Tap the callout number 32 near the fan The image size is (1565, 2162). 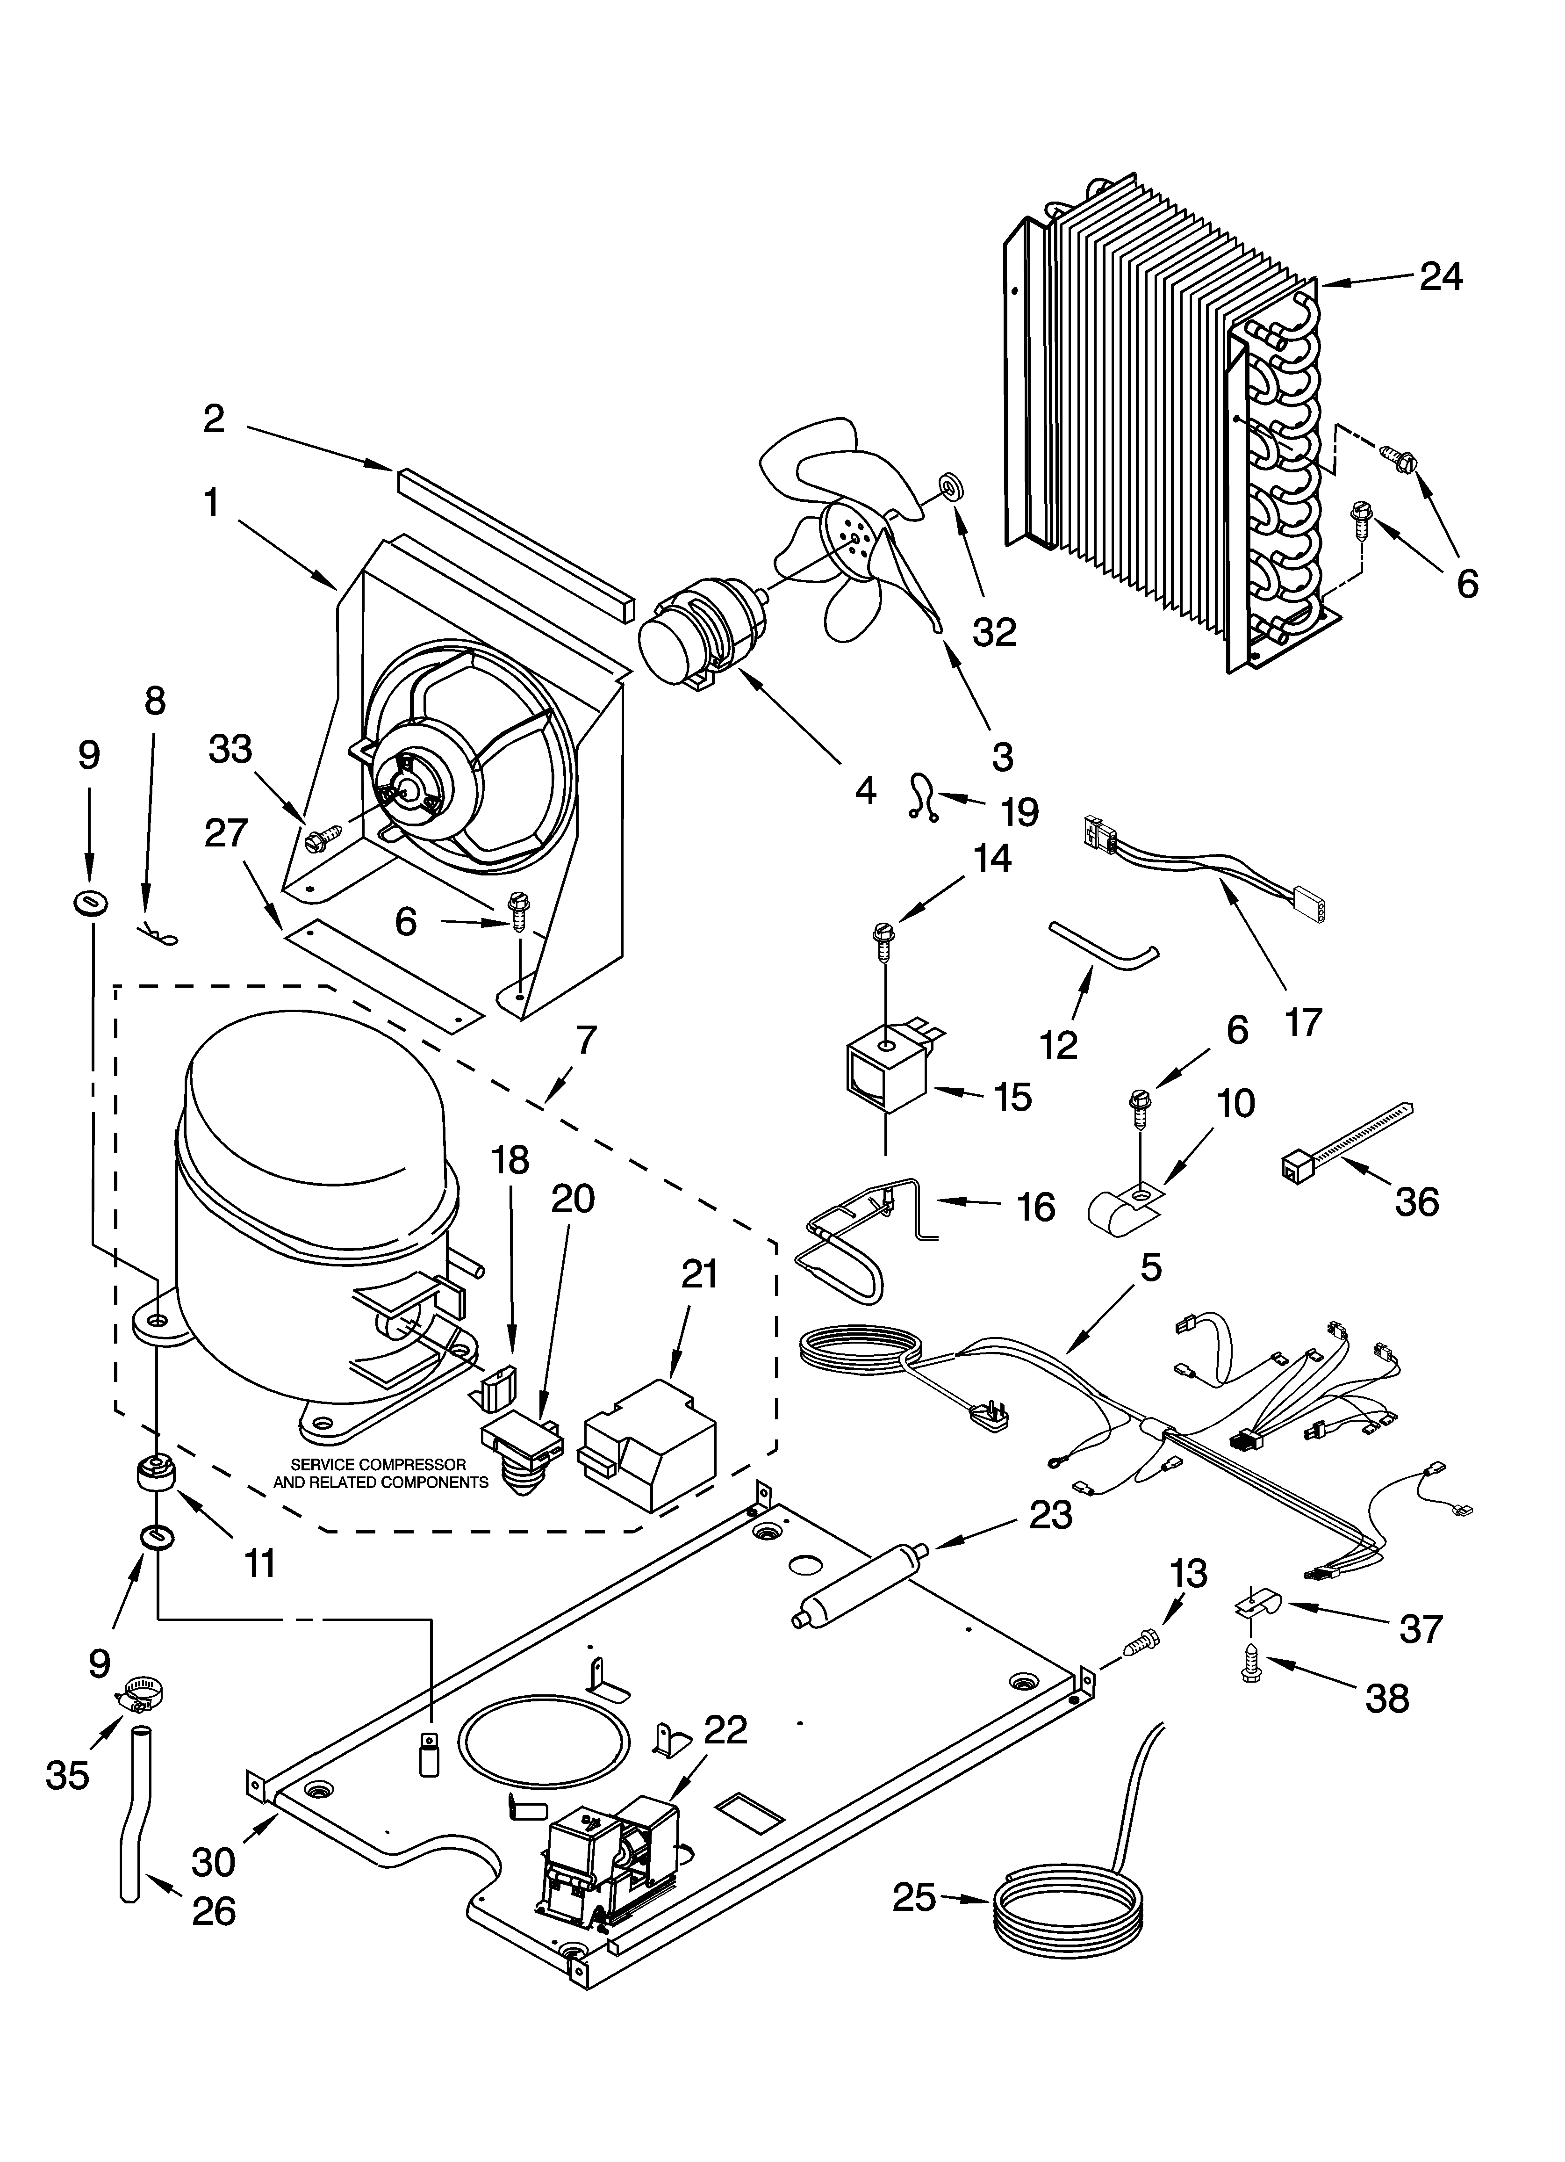pos(994,631)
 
